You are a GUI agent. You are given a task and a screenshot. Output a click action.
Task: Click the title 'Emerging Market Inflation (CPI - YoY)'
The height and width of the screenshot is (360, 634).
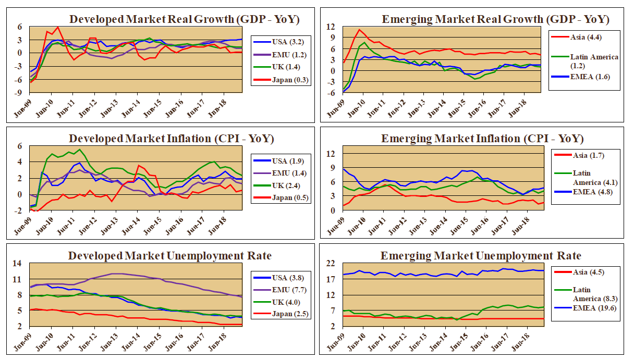click(482, 139)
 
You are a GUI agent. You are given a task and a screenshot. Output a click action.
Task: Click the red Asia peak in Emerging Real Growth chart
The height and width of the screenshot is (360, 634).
click(359, 30)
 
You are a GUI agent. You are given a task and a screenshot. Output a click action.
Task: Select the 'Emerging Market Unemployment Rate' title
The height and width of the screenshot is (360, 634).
click(480, 256)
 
